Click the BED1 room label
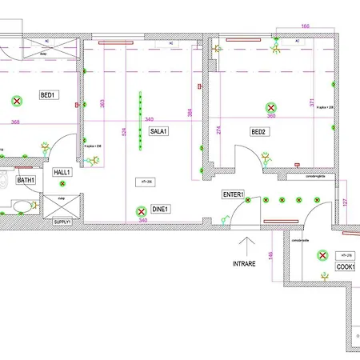pyautogui.click(x=47, y=95)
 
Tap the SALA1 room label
pyautogui.click(x=158, y=130)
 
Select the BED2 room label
pyautogui.click(x=258, y=131)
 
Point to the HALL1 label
pyautogui.click(x=62, y=172)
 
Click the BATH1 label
pyautogui.click(x=26, y=181)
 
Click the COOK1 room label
pyautogui.click(x=346, y=266)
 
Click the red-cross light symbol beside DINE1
pyautogui.click(x=142, y=213)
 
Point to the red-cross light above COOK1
pyautogui.click(x=323, y=255)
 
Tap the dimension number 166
pyautogui.click(x=305, y=27)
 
